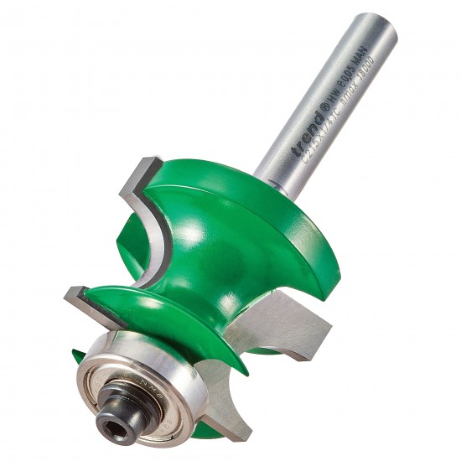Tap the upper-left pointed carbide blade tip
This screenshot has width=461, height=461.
tap(142, 164)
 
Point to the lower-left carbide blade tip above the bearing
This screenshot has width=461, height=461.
tap(71, 293)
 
